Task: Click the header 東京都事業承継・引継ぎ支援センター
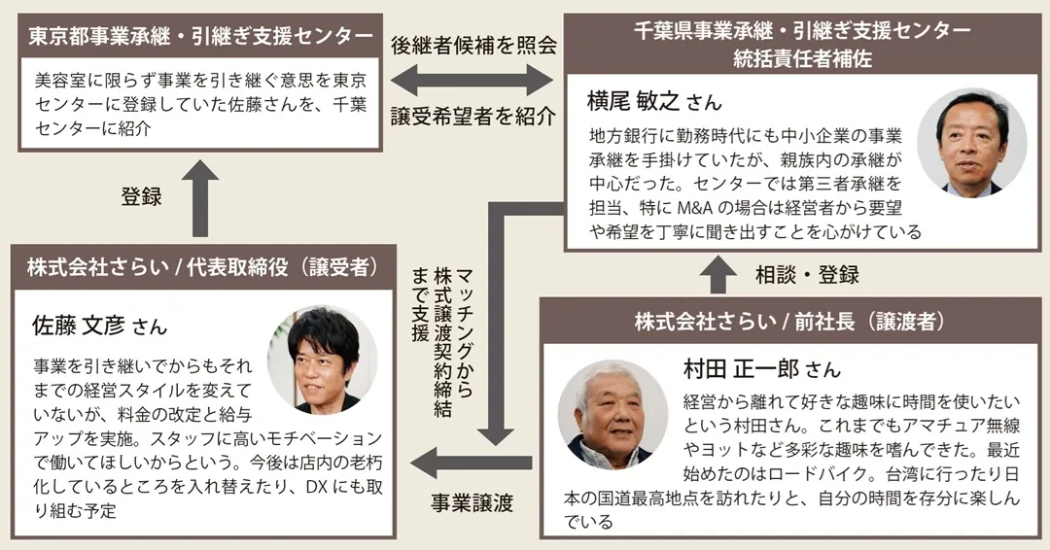[x=200, y=36]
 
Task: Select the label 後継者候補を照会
[x=473, y=45]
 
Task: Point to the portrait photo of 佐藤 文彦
[x=322, y=360]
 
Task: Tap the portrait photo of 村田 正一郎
[x=612, y=415]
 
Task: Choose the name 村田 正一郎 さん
[x=762, y=369]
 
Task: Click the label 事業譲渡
[x=472, y=503]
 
